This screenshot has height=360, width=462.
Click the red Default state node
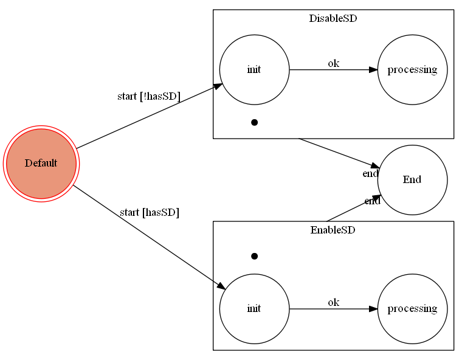41,164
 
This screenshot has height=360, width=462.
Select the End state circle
412,179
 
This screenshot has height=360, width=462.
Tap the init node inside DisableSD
254,69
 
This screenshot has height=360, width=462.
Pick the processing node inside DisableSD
412,69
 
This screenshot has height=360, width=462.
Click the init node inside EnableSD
254,308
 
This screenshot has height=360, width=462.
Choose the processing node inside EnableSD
412,308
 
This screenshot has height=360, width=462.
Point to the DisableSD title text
333,18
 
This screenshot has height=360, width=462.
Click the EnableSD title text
333,230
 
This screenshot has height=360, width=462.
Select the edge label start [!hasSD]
148,97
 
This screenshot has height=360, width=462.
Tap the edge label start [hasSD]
149,212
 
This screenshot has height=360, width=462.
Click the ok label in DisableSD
333,63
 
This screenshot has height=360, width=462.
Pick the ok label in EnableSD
333,302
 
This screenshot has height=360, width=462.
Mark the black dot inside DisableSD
254,122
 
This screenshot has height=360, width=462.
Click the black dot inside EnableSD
254,256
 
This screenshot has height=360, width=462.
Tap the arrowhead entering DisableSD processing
373,69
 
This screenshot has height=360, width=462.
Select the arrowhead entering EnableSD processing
373,308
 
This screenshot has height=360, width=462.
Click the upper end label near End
370,174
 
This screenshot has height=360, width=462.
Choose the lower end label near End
372,201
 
